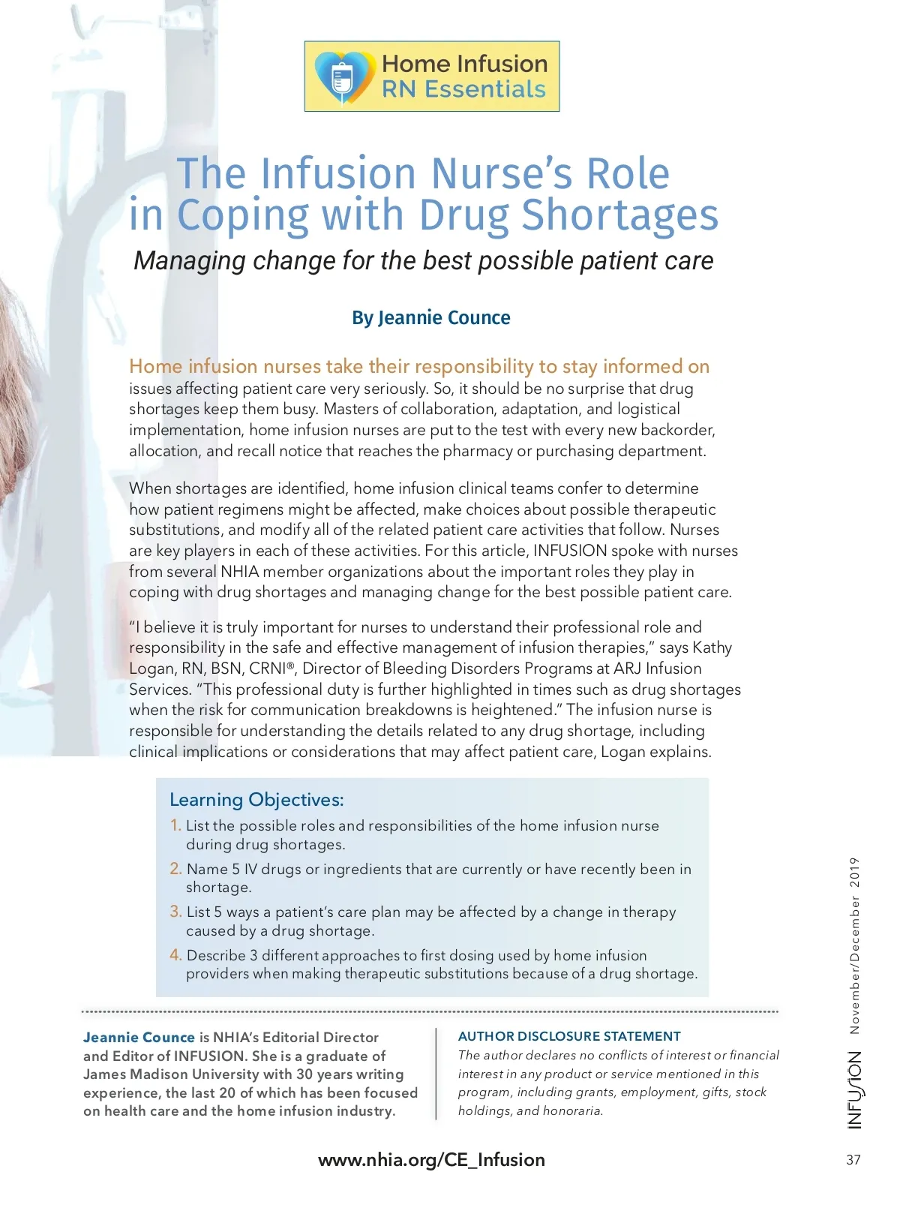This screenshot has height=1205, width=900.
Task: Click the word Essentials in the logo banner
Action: (484, 89)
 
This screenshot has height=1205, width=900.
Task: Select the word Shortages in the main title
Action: (619, 215)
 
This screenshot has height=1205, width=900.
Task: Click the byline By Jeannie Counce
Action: (431, 318)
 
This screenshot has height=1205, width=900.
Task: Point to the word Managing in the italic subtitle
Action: (190, 261)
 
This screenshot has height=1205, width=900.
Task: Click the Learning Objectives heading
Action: (256, 800)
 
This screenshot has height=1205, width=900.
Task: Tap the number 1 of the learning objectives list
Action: (175, 825)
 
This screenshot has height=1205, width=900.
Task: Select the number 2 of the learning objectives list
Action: (175, 869)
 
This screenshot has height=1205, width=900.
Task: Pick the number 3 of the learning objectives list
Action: (175, 912)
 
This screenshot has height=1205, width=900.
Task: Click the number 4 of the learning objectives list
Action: (175, 955)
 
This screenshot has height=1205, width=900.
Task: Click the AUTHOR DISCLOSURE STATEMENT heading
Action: (569, 1036)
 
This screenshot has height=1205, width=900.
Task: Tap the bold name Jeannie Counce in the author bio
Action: (139, 1038)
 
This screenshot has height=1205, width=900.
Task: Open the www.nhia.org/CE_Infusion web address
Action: (431, 1160)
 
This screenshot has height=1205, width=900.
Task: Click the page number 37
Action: (853, 1160)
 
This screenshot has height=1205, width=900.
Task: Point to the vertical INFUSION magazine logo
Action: (855, 1089)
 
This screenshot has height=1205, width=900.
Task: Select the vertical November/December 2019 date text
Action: (855, 945)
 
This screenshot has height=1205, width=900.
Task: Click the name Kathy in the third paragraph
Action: (712, 648)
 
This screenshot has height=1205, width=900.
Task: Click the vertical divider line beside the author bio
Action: (436, 1074)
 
